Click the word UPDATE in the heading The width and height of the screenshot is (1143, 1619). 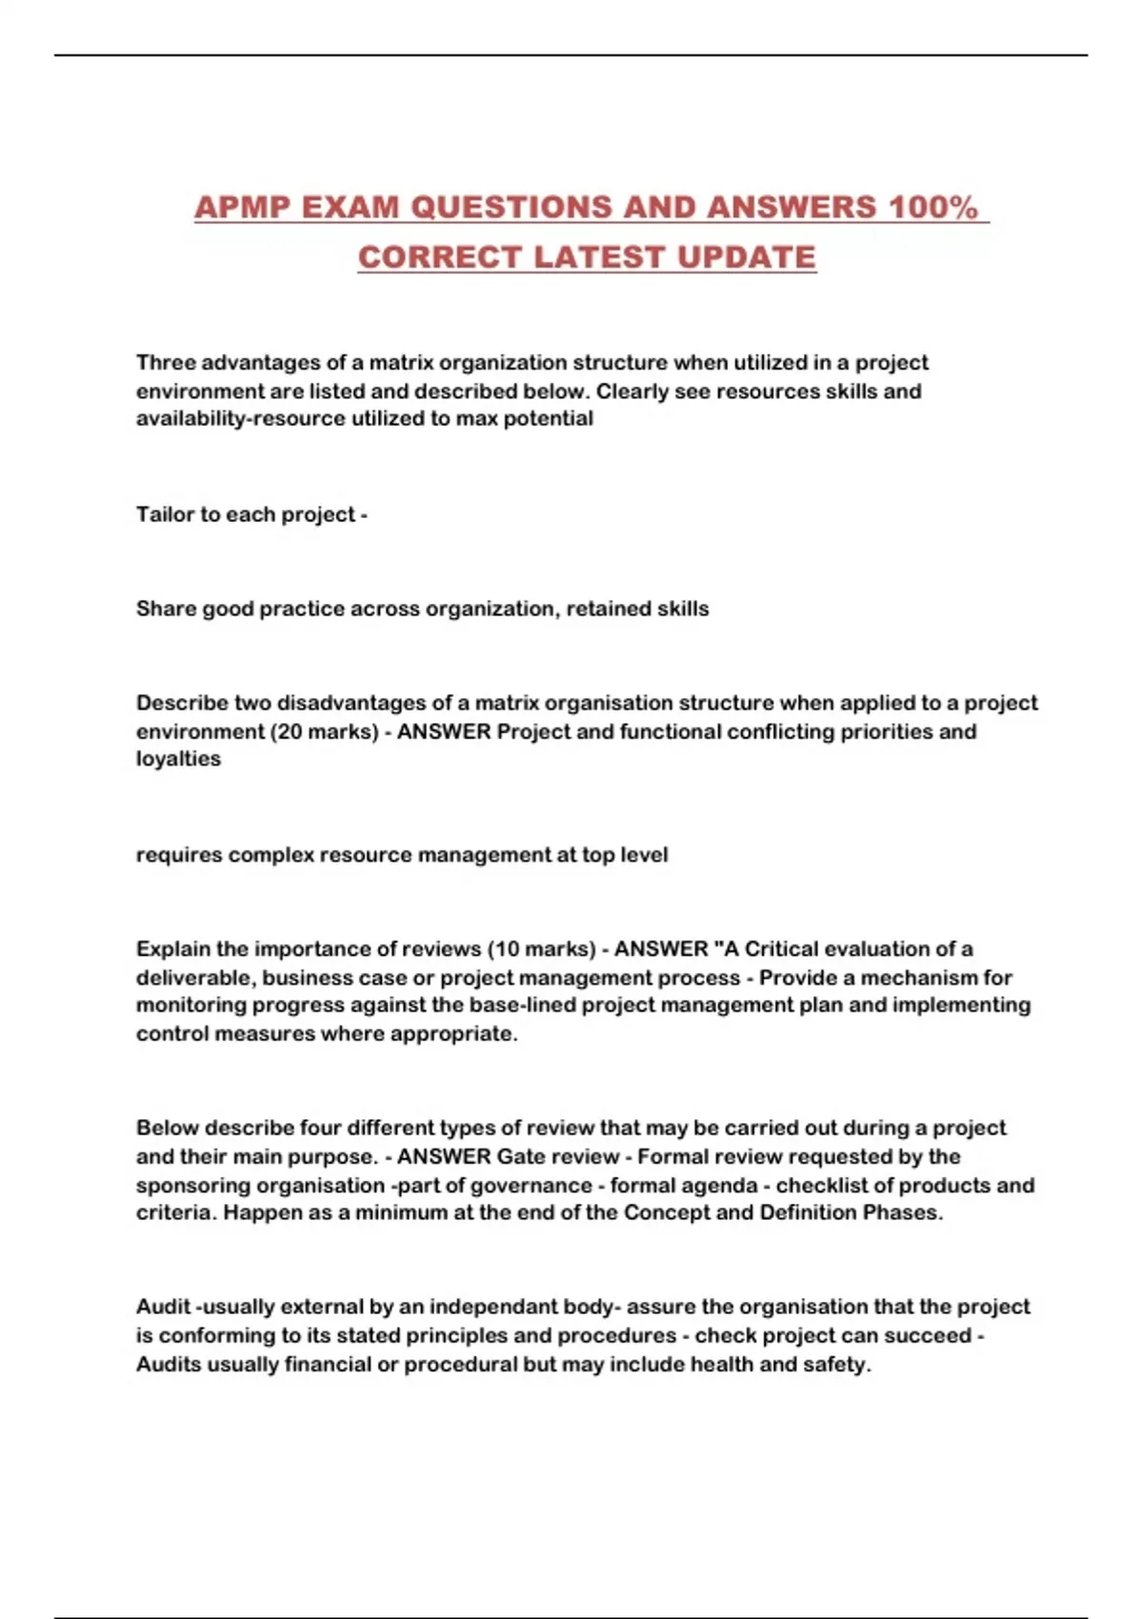pyautogui.click(x=747, y=257)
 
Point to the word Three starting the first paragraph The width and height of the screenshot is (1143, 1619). pyautogui.click(x=165, y=363)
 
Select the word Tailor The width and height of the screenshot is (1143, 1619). pyautogui.click(x=165, y=515)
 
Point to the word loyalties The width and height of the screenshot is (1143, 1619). pyautogui.click(x=178, y=759)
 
